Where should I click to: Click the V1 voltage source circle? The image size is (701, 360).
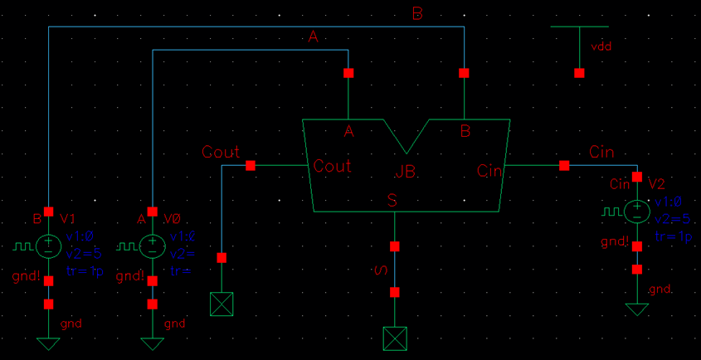48,245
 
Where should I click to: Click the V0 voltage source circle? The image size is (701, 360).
152,245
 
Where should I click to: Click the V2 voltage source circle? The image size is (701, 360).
636,211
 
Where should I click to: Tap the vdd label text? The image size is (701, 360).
601,47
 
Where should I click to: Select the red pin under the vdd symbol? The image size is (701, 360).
579,73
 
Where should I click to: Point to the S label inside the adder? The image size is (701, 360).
392,200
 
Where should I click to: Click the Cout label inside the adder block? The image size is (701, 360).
332,166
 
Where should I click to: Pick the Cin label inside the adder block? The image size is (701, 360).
489,171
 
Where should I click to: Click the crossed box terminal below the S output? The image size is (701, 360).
394,338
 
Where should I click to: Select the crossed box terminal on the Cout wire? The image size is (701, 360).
221,304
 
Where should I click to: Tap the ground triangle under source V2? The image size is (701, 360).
636,309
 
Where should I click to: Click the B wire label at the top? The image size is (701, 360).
418,12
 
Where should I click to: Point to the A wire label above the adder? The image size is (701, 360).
313,36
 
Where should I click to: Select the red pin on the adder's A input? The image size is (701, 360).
348,73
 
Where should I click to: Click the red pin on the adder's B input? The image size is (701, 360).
464,73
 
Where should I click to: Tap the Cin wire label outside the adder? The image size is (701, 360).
601,152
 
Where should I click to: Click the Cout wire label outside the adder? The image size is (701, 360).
221,152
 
